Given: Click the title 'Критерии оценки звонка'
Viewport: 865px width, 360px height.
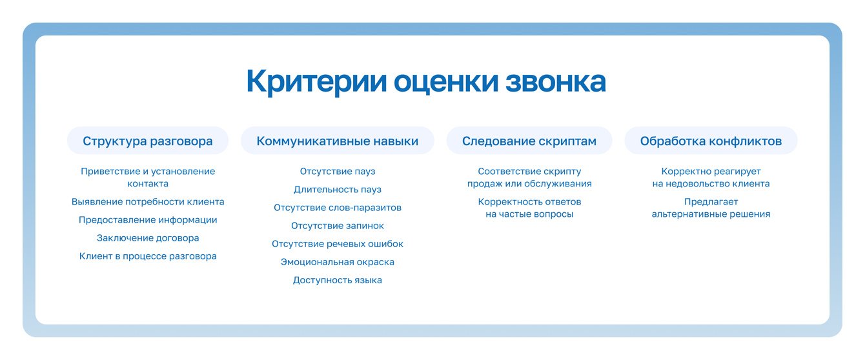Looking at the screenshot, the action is [x=426, y=81].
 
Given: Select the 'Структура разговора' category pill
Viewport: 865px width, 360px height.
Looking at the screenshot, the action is [x=148, y=141].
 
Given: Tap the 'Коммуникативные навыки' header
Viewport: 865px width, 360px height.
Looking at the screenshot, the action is [x=338, y=141].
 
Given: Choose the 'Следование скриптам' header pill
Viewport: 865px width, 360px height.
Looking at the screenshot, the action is [x=529, y=141].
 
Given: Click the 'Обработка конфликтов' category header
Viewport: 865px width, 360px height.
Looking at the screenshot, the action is [x=711, y=141].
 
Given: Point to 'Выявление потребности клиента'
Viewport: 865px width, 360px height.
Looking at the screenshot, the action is [x=148, y=202].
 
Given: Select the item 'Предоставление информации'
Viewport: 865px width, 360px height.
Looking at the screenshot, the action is [x=148, y=220].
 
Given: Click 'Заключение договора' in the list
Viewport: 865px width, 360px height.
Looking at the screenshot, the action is [x=148, y=238].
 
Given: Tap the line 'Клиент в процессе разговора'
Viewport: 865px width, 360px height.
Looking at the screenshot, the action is [x=148, y=256].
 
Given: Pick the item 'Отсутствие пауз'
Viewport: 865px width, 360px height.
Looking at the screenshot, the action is [x=338, y=172].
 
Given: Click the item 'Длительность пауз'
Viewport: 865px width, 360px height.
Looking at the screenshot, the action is [x=338, y=190].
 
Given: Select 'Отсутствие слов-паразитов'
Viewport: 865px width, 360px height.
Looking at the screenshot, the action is [x=338, y=208].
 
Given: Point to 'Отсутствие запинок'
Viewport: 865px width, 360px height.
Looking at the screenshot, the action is [x=338, y=226].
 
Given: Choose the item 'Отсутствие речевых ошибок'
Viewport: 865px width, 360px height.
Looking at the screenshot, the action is [x=338, y=244].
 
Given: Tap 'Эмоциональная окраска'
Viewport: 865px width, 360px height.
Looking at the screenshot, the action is [x=338, y=262].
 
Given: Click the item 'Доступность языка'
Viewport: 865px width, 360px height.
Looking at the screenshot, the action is [x=338, y=280].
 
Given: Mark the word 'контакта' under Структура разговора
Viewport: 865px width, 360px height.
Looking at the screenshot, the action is [x=148, y=184].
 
